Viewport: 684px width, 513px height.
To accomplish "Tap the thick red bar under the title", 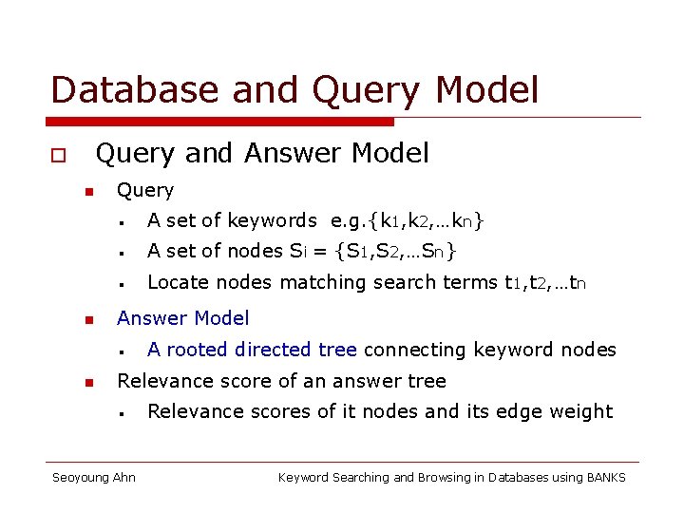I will [221, 122].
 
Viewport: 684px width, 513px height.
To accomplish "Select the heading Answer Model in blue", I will [182, 318].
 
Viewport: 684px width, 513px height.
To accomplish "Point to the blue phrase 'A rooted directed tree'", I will [252, 350].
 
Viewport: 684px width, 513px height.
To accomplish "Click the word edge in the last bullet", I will [525, 411].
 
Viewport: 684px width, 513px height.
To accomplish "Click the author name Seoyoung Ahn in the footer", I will [93, 477].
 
